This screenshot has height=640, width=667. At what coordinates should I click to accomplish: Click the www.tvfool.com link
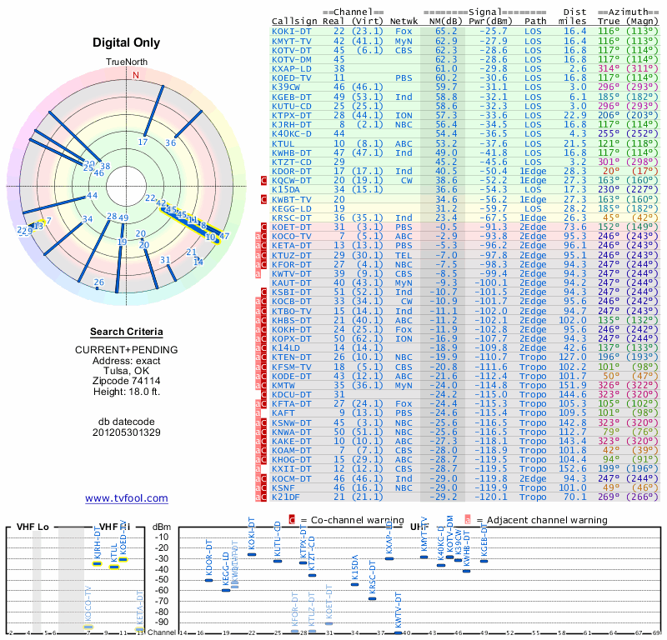[127, 498]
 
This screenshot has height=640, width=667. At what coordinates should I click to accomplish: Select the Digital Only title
[127, 43]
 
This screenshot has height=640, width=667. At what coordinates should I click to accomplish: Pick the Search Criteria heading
[127, 332]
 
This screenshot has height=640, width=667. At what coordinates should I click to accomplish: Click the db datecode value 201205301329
[127, 432]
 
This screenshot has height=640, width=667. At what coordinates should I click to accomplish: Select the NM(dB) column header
[442, 21]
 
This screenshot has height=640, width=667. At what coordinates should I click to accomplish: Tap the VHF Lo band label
[32, 527]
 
